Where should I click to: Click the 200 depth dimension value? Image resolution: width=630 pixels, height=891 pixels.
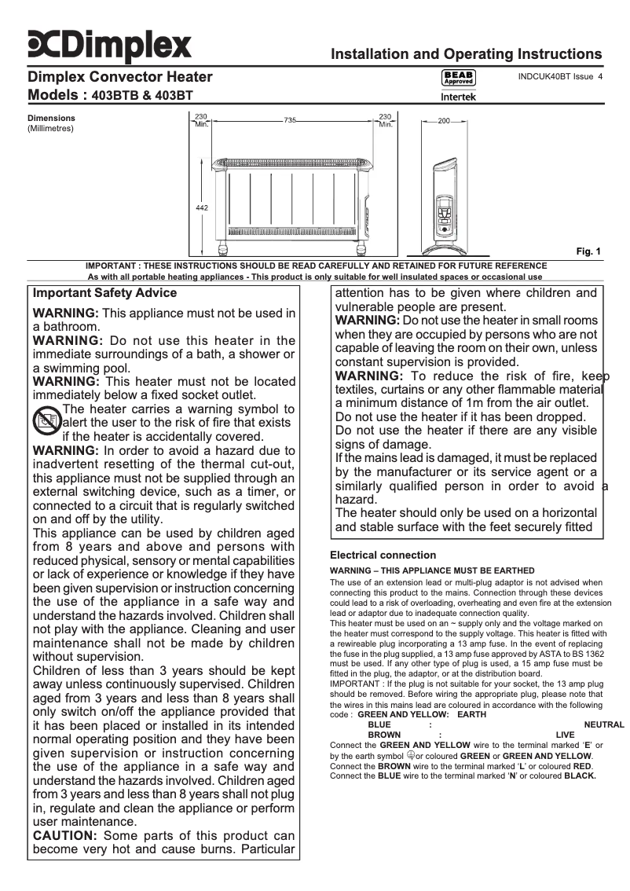(444, 122)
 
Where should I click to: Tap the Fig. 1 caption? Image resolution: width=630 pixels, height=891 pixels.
(588, 251)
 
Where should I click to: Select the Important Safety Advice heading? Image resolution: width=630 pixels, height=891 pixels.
(104, 293)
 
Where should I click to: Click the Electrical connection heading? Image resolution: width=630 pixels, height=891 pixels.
(383, 555)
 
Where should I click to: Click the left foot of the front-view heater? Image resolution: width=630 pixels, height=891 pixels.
(225, 252)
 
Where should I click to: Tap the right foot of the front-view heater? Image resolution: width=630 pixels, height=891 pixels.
(362, 252)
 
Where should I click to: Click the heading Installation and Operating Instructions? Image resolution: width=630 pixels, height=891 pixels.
(467, 54)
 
